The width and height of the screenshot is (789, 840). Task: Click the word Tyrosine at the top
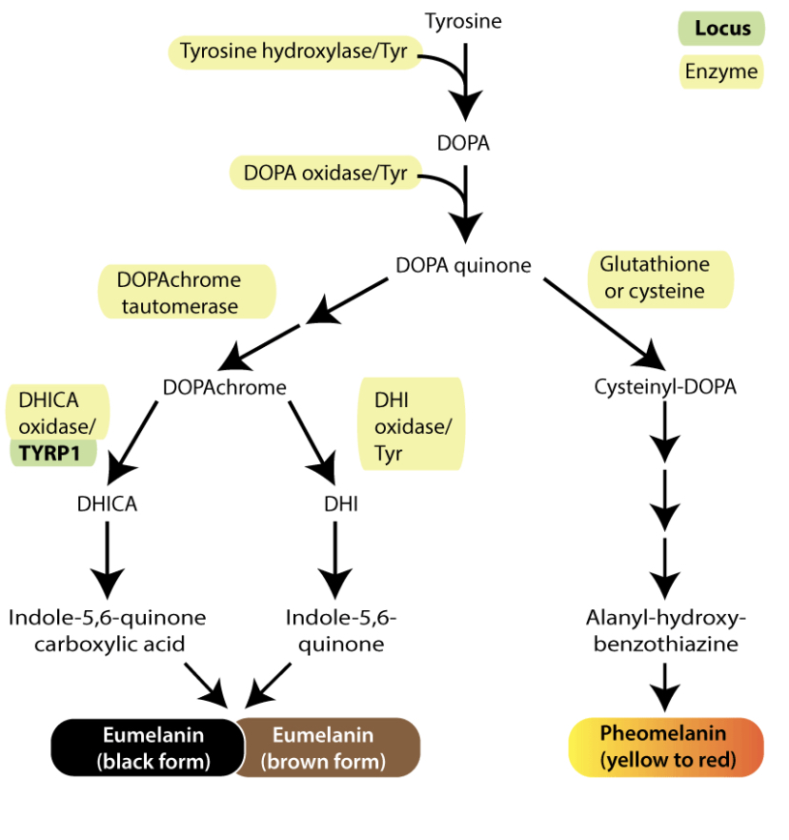[463, 20]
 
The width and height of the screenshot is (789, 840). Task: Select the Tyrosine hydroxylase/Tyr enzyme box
[293, 51]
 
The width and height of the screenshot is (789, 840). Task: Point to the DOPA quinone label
[463, 265]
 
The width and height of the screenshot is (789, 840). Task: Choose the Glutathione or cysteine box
[661, 277]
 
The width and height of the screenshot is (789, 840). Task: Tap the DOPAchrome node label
[225, 387]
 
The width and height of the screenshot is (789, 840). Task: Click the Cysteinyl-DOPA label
[665, 387]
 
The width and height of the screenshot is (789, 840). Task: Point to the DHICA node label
[107, 504]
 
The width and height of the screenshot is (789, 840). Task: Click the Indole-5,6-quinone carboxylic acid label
[107, 630]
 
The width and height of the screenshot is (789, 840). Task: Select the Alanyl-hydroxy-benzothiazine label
[665, 630]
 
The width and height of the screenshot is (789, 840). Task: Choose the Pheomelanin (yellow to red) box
[665, 748]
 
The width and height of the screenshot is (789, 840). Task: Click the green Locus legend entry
[721, 29]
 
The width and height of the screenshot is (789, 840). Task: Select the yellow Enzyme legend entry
[721, 72]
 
